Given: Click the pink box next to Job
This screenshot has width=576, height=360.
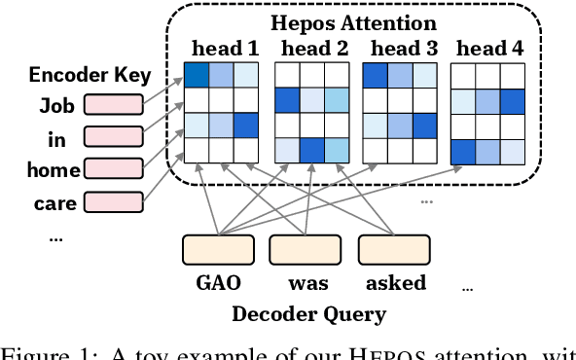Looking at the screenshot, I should point(114,106).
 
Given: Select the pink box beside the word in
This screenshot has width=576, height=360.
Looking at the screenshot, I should point(114,138).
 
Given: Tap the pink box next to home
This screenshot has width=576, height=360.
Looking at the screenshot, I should point(114,170).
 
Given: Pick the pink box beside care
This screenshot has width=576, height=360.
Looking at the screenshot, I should point(114,203).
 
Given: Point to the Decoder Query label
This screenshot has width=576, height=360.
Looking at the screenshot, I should point(307,314).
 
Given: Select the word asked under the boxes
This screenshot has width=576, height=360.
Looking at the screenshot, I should point(396,283).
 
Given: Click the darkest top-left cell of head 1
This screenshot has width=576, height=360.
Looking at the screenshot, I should point(198,75).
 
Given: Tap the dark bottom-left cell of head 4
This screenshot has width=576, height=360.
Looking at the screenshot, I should point(463,151).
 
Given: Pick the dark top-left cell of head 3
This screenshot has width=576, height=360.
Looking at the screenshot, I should point(375,75).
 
